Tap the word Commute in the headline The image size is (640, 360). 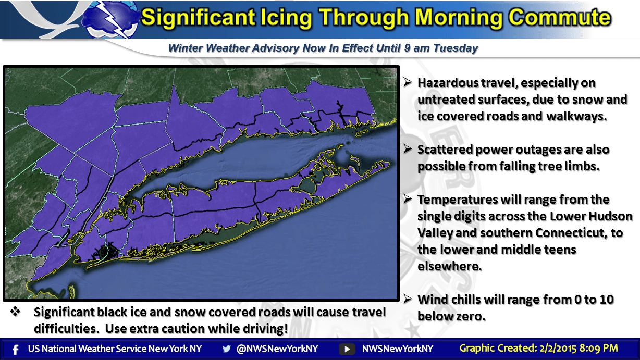[559, 18]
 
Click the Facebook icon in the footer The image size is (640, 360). [16, 349]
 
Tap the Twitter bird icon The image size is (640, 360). [226, 349]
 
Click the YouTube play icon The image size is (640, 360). [347, 349]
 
